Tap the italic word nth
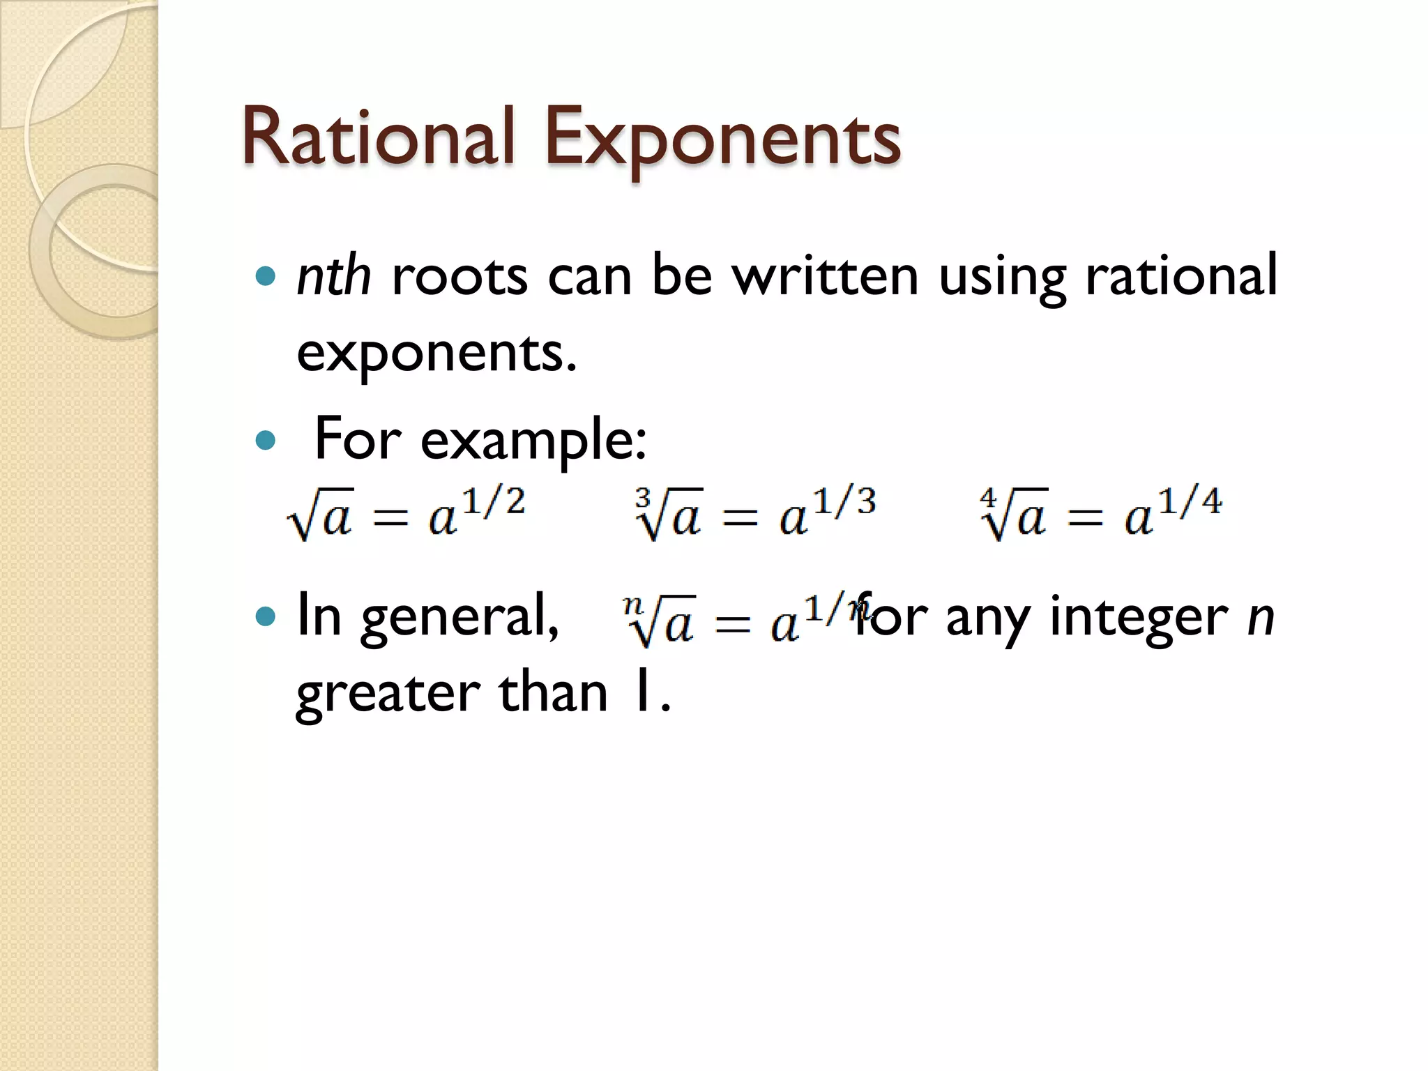tap(333, 276)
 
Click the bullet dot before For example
tap(266, 441)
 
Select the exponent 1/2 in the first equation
tap(494, 502)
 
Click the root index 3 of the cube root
tap(642, 497)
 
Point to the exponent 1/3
tap(844, 502)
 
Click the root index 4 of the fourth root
tap(987, 497)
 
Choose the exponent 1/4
tap(1190, 502)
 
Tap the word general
tap(459, 618)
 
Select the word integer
tap(1138, 616)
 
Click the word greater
tap(387, 694)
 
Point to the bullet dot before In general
tap(266, 616)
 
